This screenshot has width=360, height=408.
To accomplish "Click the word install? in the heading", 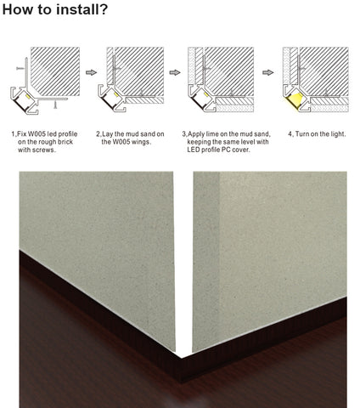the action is pyautogui.click(x=82, y=9).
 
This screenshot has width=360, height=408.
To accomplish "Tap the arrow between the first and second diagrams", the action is pyautogui.click(x=91, y=72).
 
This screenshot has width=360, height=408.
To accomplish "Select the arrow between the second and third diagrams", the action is pyautogui.click(x=175, y=72).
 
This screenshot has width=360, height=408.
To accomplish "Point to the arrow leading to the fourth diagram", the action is pyautogui.click(x=268, y=72).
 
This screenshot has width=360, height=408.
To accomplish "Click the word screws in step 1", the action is pyautogui.click(x=44, y=150).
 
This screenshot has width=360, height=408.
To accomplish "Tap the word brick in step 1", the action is pyautogui.click(x=65, y=142).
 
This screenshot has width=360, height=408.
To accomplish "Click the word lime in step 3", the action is pyautogui.click(x=211, y=134).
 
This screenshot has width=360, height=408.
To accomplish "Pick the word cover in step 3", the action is pyautogui.click(x=241, y=150).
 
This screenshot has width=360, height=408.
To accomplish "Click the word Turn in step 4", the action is pyautogui.click(x=301, y=134).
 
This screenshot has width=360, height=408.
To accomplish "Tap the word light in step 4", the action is pyautogui.click(x=338, y=134).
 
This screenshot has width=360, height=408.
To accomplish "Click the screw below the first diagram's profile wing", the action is pyautogui.click(x=55, y=105).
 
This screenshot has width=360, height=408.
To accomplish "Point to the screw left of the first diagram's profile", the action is pyautogui.click(x=20, y=68).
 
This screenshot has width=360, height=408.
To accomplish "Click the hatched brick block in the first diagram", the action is pyautogui.click(x=55, y=71).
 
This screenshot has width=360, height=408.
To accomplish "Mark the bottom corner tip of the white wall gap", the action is pyautogui.click(x=182, y=358).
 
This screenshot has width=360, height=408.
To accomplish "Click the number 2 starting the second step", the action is pyautogui.click(x=98, y=134).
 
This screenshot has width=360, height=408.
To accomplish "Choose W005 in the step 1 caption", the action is pyautogui.click(x=37, y=134).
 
